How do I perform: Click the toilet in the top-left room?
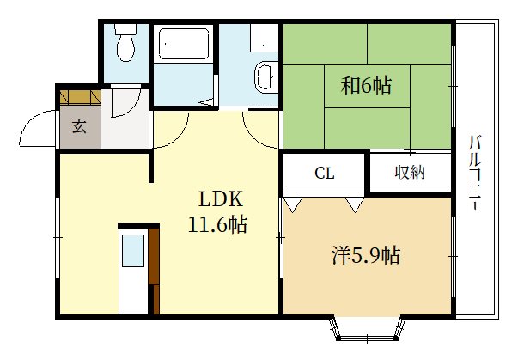coord(125,42)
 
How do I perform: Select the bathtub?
coord(184,44)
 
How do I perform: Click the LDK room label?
coord(221,198)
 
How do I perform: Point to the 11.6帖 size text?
coord(217,224)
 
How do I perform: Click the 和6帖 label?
coord(366,85)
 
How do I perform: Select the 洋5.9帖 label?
coord(366,255)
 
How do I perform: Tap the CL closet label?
coord(325,173)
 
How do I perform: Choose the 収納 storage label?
coord(410,172)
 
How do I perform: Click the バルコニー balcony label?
coord(475,173)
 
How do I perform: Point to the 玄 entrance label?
coord(79,126)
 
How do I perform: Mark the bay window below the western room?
coord(368,329)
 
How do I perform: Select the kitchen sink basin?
coord(133,250)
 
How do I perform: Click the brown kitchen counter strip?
coord(154,270)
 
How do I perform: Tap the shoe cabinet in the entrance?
coord(80,96)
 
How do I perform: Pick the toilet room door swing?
coord(126,103)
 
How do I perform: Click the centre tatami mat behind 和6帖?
coord(367,86)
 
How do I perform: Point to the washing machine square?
coord(264,38)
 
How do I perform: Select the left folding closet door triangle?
coord(293,204)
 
